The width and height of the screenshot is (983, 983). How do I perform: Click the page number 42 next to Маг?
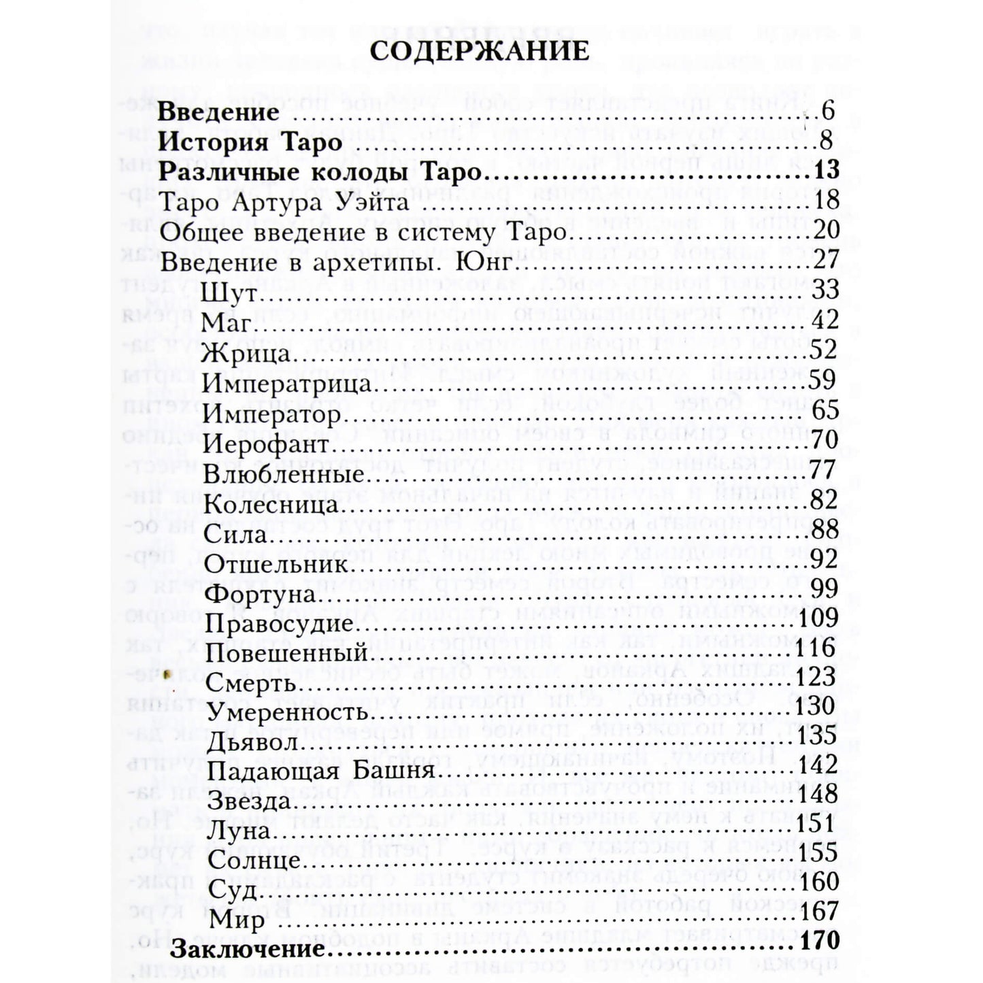click(825, 320)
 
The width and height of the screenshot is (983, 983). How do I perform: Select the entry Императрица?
click(287, 383)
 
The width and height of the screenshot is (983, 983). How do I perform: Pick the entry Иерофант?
click(266, 444)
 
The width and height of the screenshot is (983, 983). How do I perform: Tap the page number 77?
click(825, 471)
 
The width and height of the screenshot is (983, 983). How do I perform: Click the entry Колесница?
click(271, 504)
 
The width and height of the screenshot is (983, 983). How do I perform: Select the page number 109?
click(819, 618)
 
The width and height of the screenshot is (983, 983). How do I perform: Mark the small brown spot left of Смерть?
click(167, 674)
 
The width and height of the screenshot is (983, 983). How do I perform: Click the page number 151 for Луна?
click(819, 824)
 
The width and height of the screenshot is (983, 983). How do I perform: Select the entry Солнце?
click(253, 861)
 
